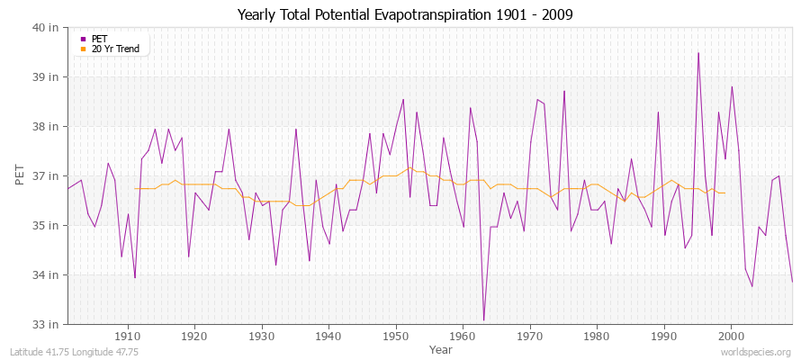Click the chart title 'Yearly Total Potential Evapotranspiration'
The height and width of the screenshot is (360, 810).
[x=404, y=15]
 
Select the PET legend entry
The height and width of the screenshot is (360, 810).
[x=99, y=39]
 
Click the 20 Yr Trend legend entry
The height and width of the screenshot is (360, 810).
[x=115, y=49]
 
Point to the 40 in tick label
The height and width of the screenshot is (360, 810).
[x=47, y=27]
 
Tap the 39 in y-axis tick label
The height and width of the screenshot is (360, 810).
[x=47, y=76]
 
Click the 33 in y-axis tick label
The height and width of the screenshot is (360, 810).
[x=47, y=324]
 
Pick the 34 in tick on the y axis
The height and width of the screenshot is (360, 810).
[x=47, y=274]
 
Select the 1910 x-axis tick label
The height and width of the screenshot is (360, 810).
[x=127, y=337]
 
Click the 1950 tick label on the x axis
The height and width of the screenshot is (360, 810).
[x=395, y=337]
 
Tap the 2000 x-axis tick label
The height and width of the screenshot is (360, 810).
[x=731, y=337]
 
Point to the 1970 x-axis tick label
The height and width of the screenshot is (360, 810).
[x=529, y=337]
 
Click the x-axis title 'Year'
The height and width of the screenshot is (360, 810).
[x=441, y=349]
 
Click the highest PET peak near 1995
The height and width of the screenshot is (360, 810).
[x=698, y=52]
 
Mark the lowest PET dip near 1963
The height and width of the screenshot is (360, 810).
[x=483, y=320]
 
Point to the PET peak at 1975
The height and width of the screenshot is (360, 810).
[x=564, y=91]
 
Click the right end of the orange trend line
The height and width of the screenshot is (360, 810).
[x=725, y=193]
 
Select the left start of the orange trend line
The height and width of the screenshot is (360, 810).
[x=134, y=188]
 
